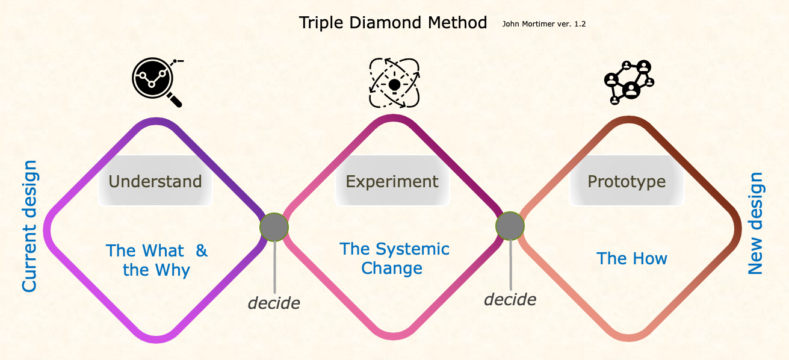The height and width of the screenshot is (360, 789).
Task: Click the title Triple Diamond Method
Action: point(392,23)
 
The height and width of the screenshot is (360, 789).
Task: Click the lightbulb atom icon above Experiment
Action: point(394,82)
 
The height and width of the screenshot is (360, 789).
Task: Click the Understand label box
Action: point(155,181)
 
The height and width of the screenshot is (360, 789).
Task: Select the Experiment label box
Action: point(392,181)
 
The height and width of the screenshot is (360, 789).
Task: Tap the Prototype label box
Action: point(627,181)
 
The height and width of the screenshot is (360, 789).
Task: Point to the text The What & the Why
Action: point(156,260)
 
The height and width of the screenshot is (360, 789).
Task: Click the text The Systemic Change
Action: point(394,258)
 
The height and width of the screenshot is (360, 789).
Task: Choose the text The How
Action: point(631,259)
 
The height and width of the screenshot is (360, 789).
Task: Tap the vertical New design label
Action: point(755,224)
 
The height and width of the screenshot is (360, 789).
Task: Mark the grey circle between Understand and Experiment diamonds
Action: point(274,228)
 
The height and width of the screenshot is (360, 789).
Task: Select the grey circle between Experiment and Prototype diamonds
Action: point(510,226)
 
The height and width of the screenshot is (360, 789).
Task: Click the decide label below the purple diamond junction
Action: point(274,303)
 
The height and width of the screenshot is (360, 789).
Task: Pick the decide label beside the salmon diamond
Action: point(510,299)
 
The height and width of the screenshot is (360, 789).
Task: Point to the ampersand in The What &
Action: point(202,250)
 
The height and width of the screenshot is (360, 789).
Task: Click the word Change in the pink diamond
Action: point(392,268)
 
